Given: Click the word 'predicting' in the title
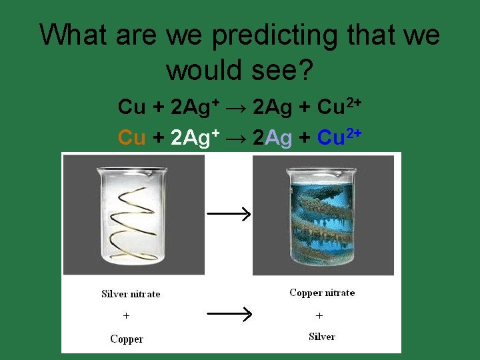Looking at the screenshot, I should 275,35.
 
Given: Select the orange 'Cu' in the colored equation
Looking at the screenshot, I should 131,137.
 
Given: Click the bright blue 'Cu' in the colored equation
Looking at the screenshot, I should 331,137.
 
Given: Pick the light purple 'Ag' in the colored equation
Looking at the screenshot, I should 279,137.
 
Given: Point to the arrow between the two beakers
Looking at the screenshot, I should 229,214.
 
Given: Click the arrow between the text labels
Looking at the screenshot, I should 229,313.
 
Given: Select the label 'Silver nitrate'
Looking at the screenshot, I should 131,294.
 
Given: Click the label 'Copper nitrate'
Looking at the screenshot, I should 322,293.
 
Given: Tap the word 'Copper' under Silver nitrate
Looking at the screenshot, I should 127,339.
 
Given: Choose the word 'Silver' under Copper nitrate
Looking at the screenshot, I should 322,337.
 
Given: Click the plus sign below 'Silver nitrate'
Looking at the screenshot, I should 127,315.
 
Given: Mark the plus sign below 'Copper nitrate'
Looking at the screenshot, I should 319,315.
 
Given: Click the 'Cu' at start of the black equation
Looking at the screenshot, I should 131,106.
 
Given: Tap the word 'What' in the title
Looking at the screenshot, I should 73,35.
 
